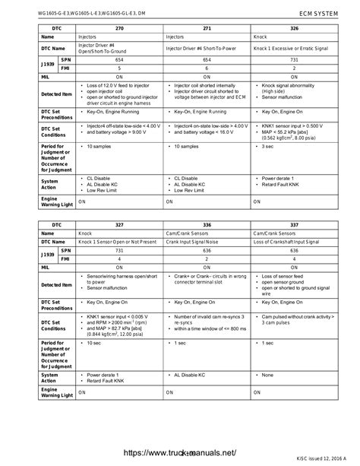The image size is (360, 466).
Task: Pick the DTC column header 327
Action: pyautogui.click(x=118, y=226)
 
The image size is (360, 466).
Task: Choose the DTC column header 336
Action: pyautogui.click(x=207, y=226)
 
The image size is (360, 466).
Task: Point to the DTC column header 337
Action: pyautogui.click(x=293, y=226)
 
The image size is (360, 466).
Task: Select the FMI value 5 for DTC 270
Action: pyautogui.click(x=118, y=68)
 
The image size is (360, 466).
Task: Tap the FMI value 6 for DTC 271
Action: pyautogui.click(x=207, y=68)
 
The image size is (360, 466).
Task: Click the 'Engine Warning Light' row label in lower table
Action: pyautogui.click(x=55, y=392)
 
